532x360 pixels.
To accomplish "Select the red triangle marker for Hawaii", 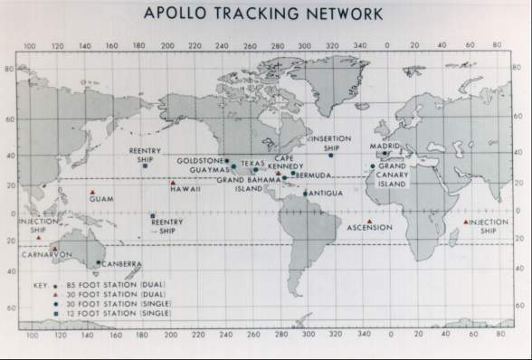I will point(173,184).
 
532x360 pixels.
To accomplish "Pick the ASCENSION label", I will point(369,227).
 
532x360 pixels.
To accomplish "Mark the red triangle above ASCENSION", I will point(369,220).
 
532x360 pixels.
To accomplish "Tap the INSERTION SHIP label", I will point(330,143).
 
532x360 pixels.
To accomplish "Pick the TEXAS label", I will point(252,164).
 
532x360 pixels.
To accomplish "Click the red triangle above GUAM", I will point(92,193).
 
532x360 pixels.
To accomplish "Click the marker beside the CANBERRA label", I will point(98,262).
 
